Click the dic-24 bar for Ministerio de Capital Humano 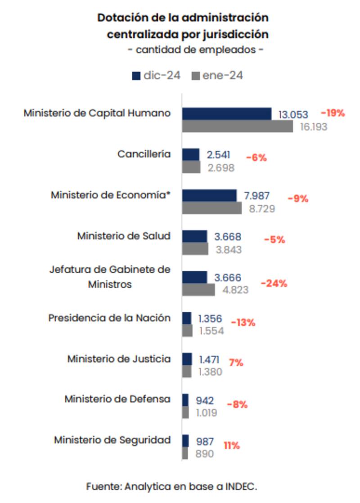point(227,114)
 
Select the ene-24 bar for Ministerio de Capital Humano point(238,126)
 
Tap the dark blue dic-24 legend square point(136,76)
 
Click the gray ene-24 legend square point(196,76)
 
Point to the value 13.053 point(293,114)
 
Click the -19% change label point(333,113)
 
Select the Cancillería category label point(144,154)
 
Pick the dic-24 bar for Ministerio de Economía point(209,195)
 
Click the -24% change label point(274,283)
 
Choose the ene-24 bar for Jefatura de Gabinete point(198,290)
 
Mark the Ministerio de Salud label point(124,236)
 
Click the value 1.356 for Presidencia point(210,319)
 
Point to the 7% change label point(236,362)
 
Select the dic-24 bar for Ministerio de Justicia point(187,359)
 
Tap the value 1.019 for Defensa point(206,413)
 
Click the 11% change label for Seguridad point(232,445)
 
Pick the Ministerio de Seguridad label point(112,440)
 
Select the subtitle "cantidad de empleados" point(196,49)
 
